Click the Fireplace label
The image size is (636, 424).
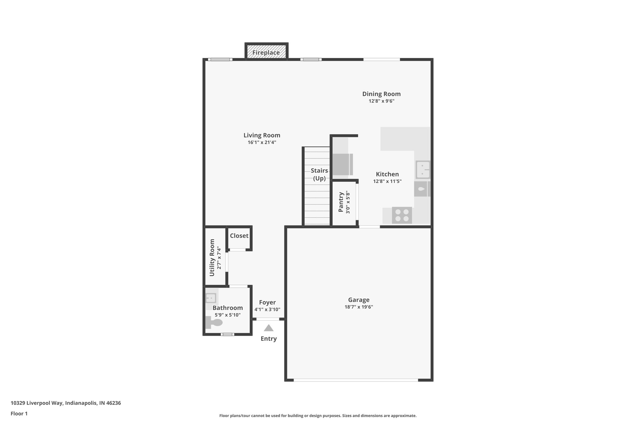(x=266, y=52)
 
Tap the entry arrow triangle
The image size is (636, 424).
(x=269, y=328)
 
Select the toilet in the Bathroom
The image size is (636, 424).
(x=214, y=323)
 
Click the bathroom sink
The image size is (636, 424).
(x=211, y=298)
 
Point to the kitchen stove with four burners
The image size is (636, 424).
(x=402, y=215)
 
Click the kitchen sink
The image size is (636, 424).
(x=423, y=170)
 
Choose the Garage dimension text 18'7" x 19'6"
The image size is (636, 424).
(x=359, y=307)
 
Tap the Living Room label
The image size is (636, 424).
(x=262, y=135)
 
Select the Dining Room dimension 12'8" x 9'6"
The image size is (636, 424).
(x=381, y=101)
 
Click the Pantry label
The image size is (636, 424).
(x=341, y=202)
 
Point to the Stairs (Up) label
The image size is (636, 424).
(x=319, y=174)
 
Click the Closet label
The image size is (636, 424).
(x=239, y=236)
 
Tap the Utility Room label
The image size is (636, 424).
(x=212, y=258)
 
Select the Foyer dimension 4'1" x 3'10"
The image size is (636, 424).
(x=267, y=309)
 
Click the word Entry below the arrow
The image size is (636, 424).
(x=269, y=339)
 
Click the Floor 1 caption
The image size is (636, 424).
(x=19, y=413)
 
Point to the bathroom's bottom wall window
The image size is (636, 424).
(x=228, y=334)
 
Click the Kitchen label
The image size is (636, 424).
(x=387, y=174)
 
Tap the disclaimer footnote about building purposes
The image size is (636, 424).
(x=318, y=416)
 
